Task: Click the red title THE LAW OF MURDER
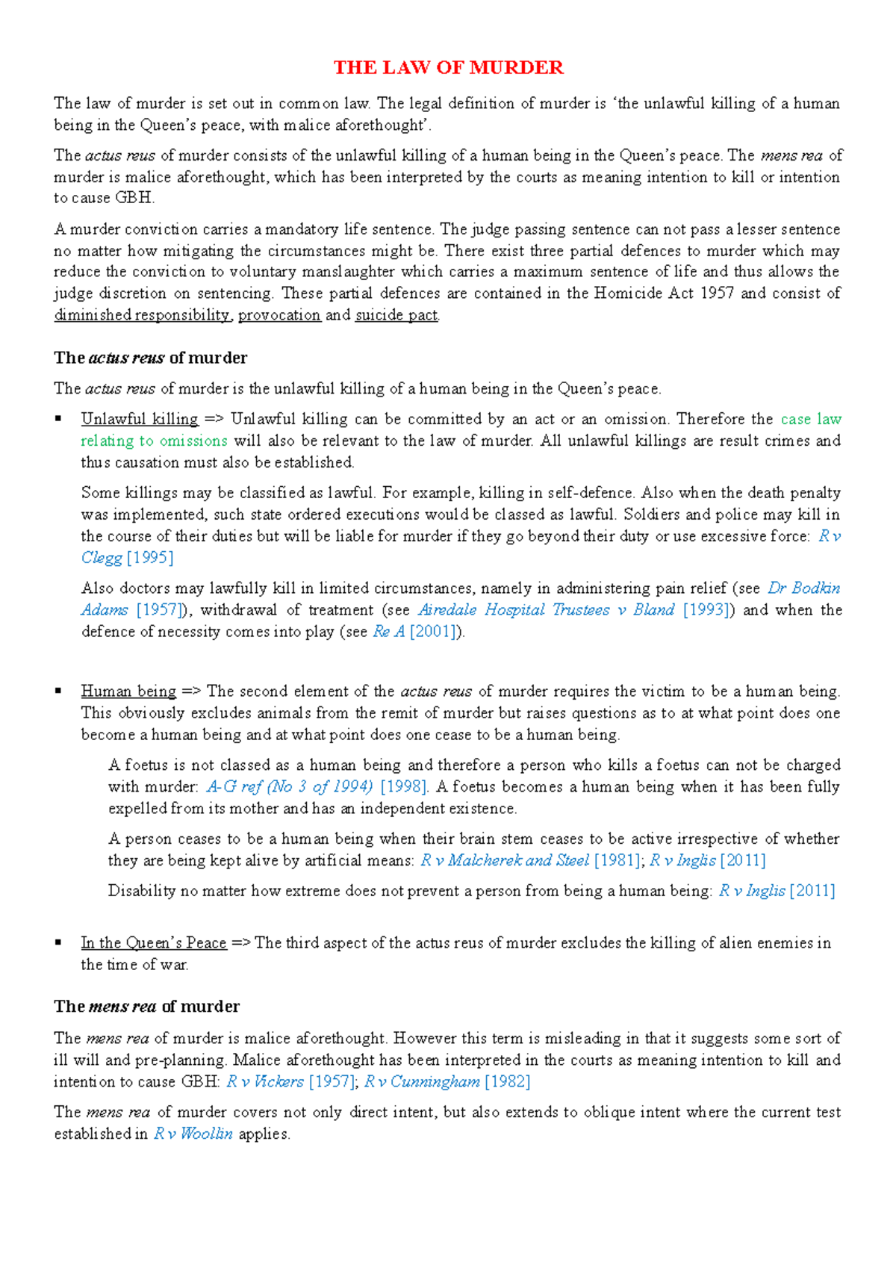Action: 448,68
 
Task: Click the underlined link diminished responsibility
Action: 142,315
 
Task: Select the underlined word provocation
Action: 279,315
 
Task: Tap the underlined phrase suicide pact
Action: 396,315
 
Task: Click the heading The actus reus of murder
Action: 150,358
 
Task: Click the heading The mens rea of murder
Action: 146,1007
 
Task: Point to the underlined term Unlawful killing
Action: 140,419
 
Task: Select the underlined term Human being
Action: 128,692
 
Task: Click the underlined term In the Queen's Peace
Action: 153,943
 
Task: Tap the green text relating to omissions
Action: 154,441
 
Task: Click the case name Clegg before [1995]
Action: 102,558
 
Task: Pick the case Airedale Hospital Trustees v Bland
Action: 547,610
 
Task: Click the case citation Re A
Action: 388,632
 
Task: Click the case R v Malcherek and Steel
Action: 505,860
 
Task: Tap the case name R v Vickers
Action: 265,1082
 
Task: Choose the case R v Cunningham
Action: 422,1082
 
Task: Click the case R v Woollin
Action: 193,1134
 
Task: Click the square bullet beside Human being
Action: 58,692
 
